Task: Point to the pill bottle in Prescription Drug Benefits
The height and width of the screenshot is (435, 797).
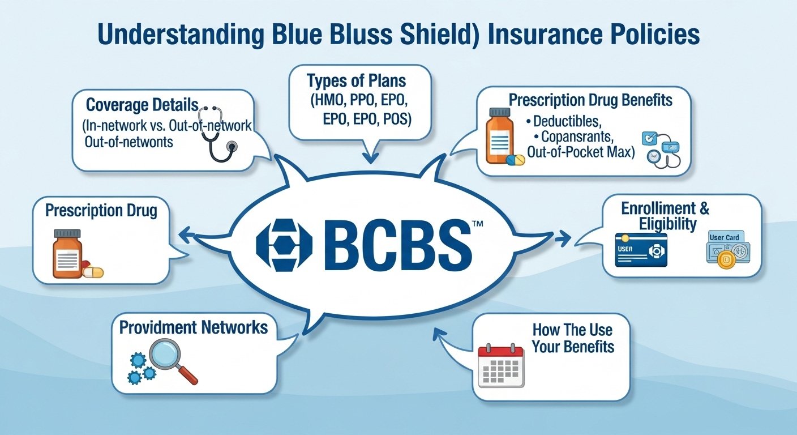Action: coord(500,138)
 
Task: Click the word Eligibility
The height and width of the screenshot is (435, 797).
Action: coord(667,224)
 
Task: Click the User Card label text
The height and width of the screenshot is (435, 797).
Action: coord(724,237)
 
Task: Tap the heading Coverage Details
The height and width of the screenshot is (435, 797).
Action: coord(142,105)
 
